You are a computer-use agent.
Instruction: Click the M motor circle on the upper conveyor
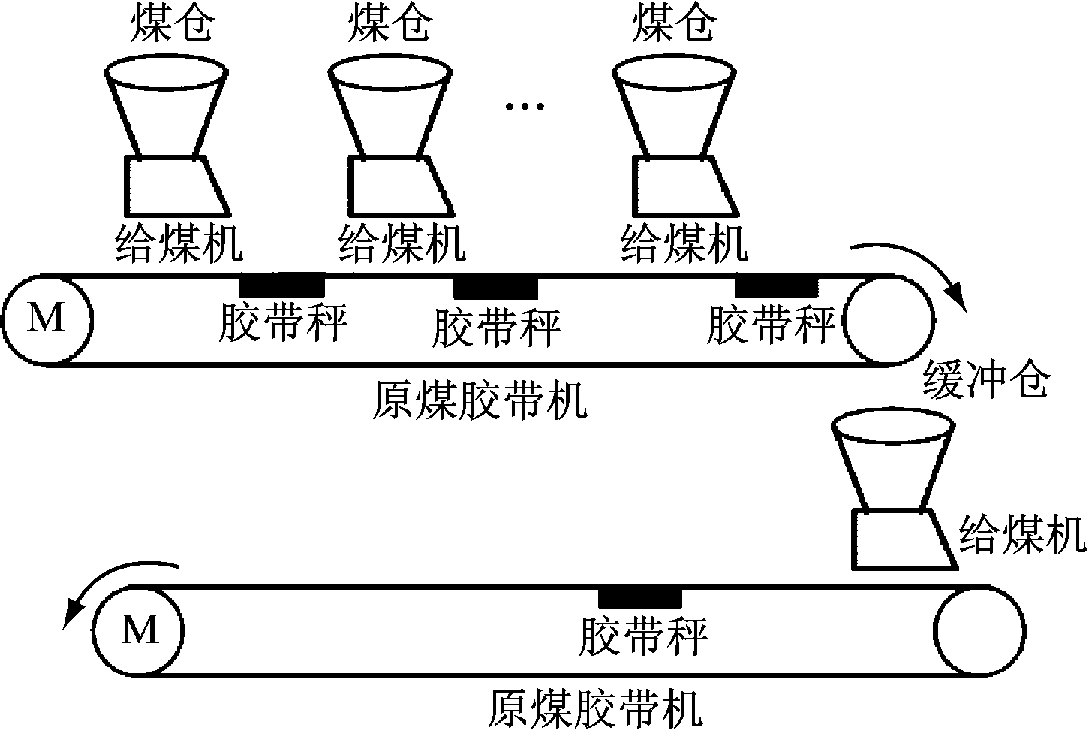click(47, 319)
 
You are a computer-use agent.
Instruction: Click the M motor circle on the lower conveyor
click(140, 629)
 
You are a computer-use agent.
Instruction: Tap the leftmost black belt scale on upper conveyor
click(282, 285)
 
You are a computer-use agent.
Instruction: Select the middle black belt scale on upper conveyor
click(495, 287)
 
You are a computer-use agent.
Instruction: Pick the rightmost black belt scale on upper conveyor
click(776, 286)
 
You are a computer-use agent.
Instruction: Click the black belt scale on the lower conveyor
click(640, 597)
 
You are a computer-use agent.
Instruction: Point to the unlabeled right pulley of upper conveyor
click(890, 320)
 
